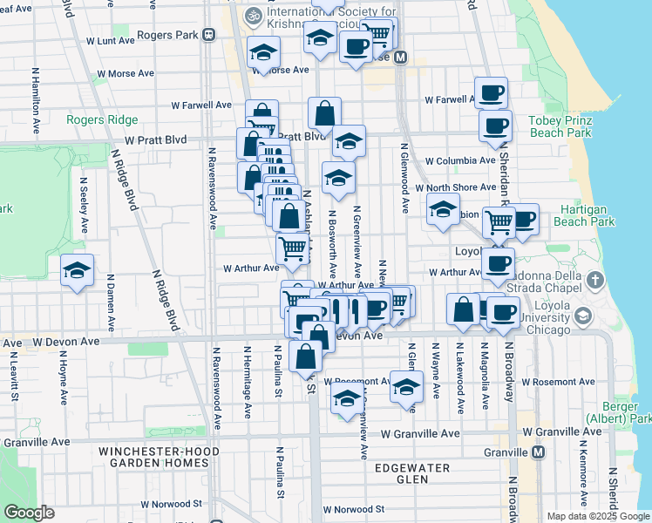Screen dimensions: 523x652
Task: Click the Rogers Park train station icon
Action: coord(208,36)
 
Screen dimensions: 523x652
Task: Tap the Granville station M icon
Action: coord(539,452)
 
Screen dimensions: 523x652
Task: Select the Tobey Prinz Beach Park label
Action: coord(560,126)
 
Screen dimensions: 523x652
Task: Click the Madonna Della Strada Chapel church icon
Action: coord(595,281)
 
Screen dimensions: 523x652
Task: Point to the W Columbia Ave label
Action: coord(460,161)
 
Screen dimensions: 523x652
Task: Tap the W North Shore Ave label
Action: coord(455,187)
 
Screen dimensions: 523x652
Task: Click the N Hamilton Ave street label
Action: coord(36,103)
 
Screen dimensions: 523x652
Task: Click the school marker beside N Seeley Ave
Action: coord(78,271)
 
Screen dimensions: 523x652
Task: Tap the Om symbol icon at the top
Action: coord(255,15)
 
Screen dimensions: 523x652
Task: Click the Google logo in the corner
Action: coord(29,513)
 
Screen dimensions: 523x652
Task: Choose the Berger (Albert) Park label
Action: coord(627,413)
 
